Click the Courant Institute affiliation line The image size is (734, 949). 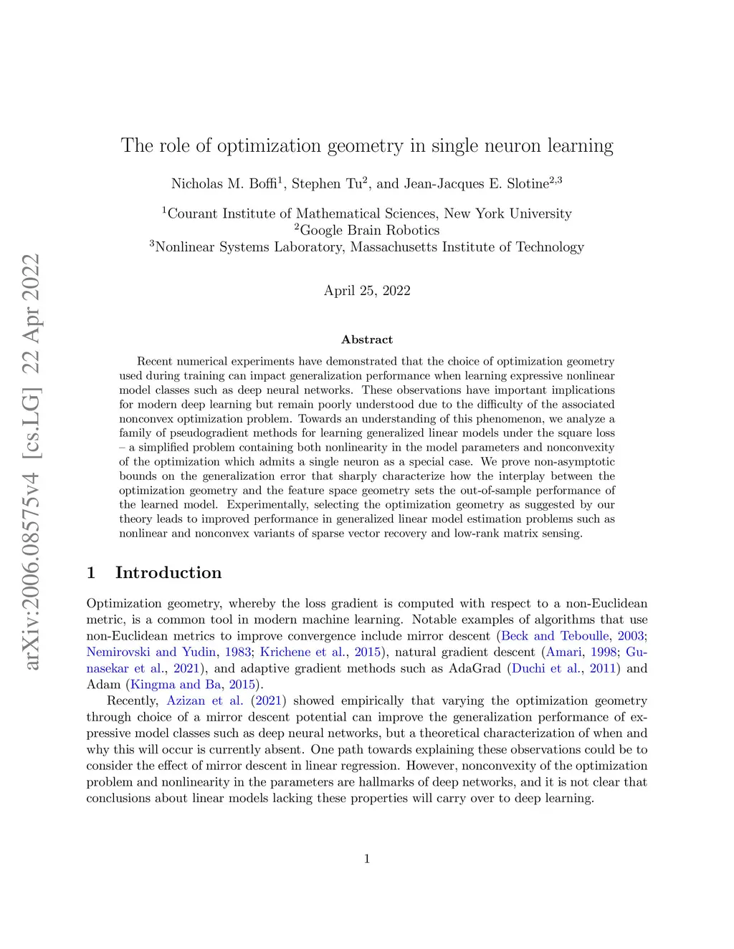pos(367,213)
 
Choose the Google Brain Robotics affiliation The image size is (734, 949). pos(367,230)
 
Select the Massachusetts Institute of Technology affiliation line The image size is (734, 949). pos(367,247)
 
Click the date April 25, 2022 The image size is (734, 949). pos(367,290)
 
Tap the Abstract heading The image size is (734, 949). pos(367,339)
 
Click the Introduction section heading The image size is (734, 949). pos(168,573)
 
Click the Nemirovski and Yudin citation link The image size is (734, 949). pos(151,652)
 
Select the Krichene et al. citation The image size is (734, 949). pos(302,652)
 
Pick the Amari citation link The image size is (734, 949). pos(565,652)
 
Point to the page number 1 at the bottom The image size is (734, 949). pos(367,859)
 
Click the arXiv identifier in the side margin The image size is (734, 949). pos(32,462)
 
